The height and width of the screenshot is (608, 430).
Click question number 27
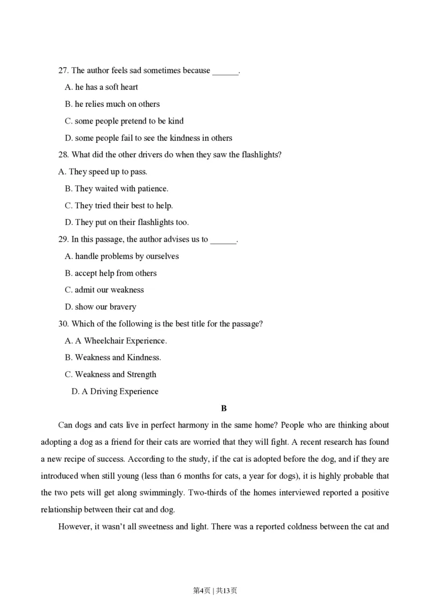point(63,70)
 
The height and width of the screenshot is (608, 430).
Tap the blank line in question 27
point(225,71)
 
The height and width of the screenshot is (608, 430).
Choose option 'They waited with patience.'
point(116,189)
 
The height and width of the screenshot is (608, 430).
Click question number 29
point(63,240)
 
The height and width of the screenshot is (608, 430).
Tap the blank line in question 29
point(223,241)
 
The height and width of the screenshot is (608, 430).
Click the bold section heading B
point(224,409)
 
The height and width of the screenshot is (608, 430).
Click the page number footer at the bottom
point(214,591)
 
